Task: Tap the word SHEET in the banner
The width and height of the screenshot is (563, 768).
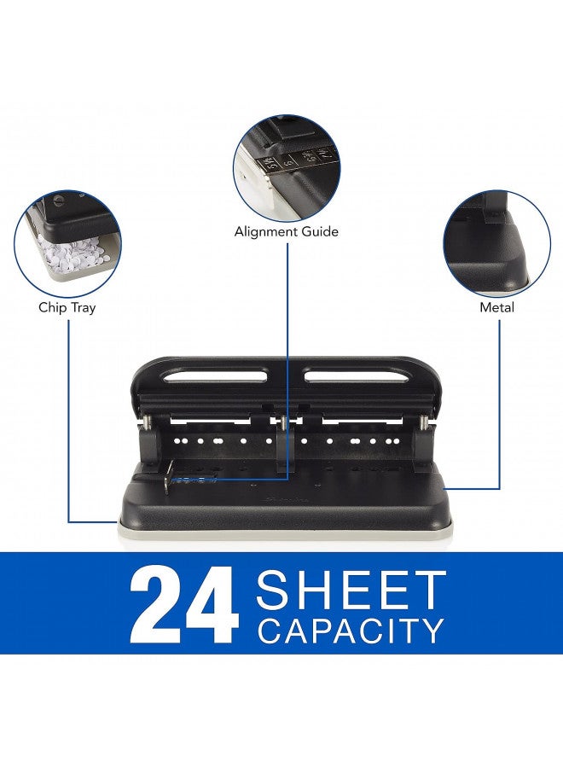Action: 351,589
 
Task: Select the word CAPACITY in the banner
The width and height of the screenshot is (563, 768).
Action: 351,631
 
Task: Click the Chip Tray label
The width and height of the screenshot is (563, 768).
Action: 67,307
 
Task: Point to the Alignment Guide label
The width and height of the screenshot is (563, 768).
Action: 287,231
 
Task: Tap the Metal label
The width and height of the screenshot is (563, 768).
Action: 496,307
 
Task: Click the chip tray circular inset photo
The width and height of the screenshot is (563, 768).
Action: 67,241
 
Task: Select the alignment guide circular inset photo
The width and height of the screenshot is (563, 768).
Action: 287,168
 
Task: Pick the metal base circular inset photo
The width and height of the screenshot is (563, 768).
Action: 496,241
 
